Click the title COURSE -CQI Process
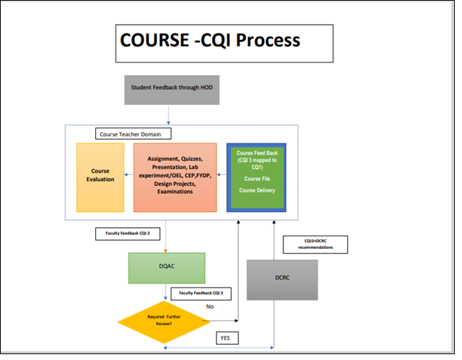[211, 40]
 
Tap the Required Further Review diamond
[161, 319]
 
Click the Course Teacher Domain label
[131, 134]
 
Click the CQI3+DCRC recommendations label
[315, 245]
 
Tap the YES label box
[225, 338]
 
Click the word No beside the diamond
[209, 308]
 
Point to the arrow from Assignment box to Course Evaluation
[127, 175]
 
